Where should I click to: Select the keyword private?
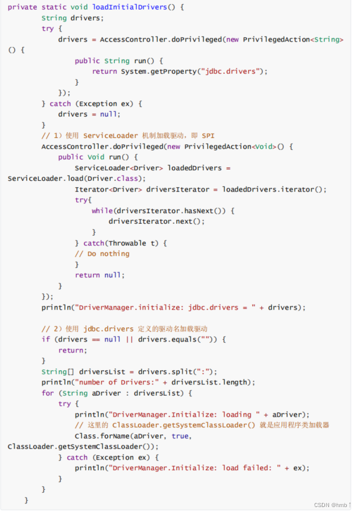[x=23, y=7]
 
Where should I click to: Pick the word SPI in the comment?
[x=208, y=136]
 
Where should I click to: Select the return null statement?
[x=99, y=275]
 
